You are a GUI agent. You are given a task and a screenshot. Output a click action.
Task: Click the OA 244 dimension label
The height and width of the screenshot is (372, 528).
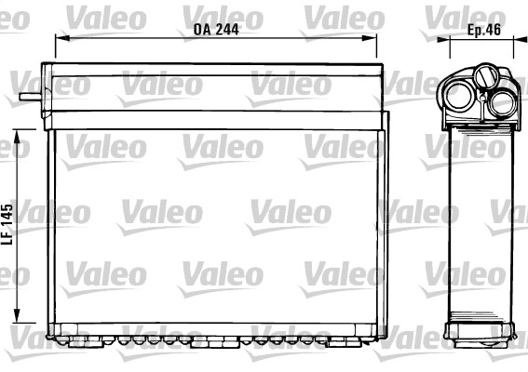(216, 28)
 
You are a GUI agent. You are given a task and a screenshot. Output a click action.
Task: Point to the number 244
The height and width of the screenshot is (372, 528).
(226, 28)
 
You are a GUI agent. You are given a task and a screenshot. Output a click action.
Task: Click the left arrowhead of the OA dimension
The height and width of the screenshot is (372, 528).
(60, 38)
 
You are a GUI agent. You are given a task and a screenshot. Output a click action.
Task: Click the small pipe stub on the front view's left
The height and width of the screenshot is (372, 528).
(30, 92)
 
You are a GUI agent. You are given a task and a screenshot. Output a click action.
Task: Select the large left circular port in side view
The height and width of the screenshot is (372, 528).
(461, 94)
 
